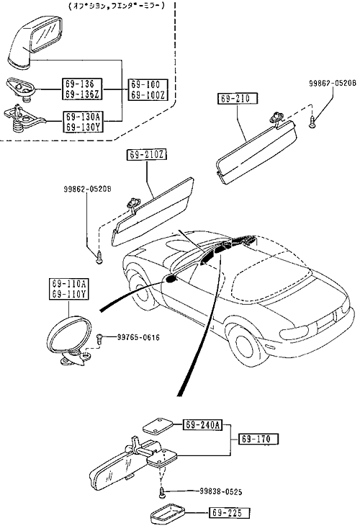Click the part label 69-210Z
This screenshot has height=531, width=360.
147,155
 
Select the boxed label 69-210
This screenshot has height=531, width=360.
237,98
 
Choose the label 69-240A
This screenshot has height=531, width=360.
202,424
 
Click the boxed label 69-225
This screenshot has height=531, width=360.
229,513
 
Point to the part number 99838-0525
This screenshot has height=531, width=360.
220,491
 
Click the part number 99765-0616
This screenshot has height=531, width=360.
138,337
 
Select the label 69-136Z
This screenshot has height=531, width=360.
82,94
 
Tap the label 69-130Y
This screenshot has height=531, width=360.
83,128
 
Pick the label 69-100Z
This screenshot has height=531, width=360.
148,95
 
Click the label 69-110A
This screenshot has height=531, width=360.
68,283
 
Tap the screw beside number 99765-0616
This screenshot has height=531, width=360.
100,339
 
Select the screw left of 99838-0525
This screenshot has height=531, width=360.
163,492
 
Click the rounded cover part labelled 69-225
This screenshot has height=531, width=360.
167,514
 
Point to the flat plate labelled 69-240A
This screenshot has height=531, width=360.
158,427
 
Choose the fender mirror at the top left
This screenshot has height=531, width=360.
35,43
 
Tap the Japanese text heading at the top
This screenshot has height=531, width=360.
117,6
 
